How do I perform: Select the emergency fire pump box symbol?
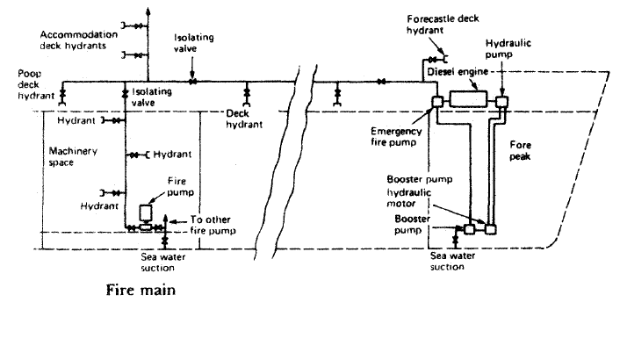[436, 103]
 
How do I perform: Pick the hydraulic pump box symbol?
[501, 102]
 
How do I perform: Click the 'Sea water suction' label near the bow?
[451, 260]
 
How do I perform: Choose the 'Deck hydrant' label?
[244, 119]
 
